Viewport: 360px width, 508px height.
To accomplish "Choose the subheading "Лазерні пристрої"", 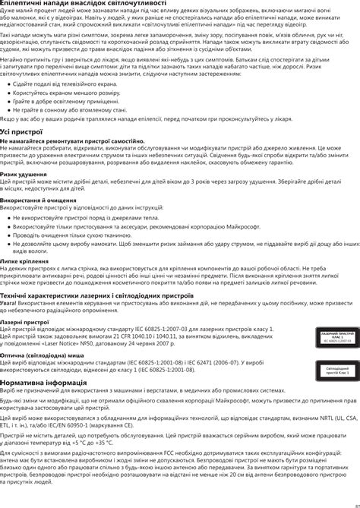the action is point(24,321).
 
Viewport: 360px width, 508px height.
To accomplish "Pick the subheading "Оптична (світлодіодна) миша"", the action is point(42,355).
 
